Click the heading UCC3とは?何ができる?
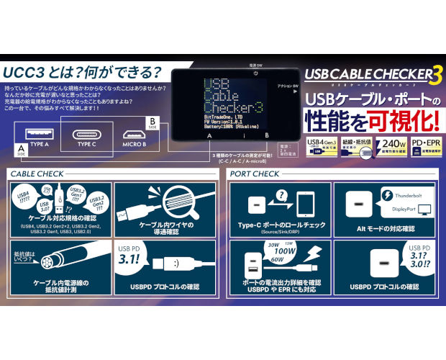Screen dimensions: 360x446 (x=82, y=72)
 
